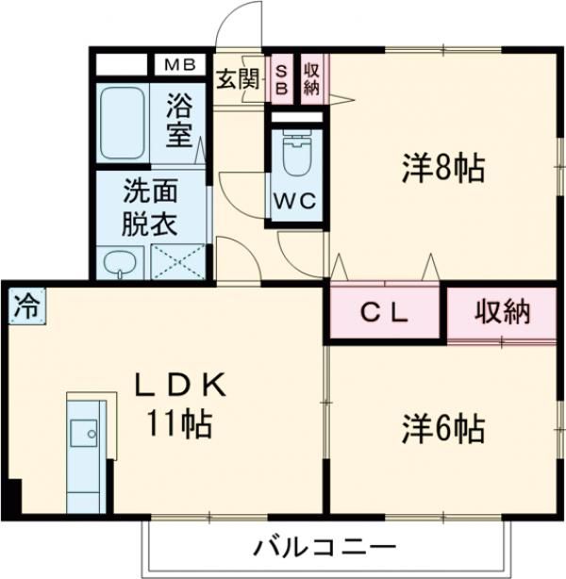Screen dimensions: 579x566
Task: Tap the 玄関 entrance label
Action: [x=237, y=79]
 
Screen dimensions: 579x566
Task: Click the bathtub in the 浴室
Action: [x=122, y=122]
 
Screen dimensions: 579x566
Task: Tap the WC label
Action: [x=295, y=201]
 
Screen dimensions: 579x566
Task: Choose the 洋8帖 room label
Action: [x=442, y=170]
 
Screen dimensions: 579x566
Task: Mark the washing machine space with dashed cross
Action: [x=178, y=261]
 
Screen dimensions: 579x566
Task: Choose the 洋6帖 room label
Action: [x=442, y=429]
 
